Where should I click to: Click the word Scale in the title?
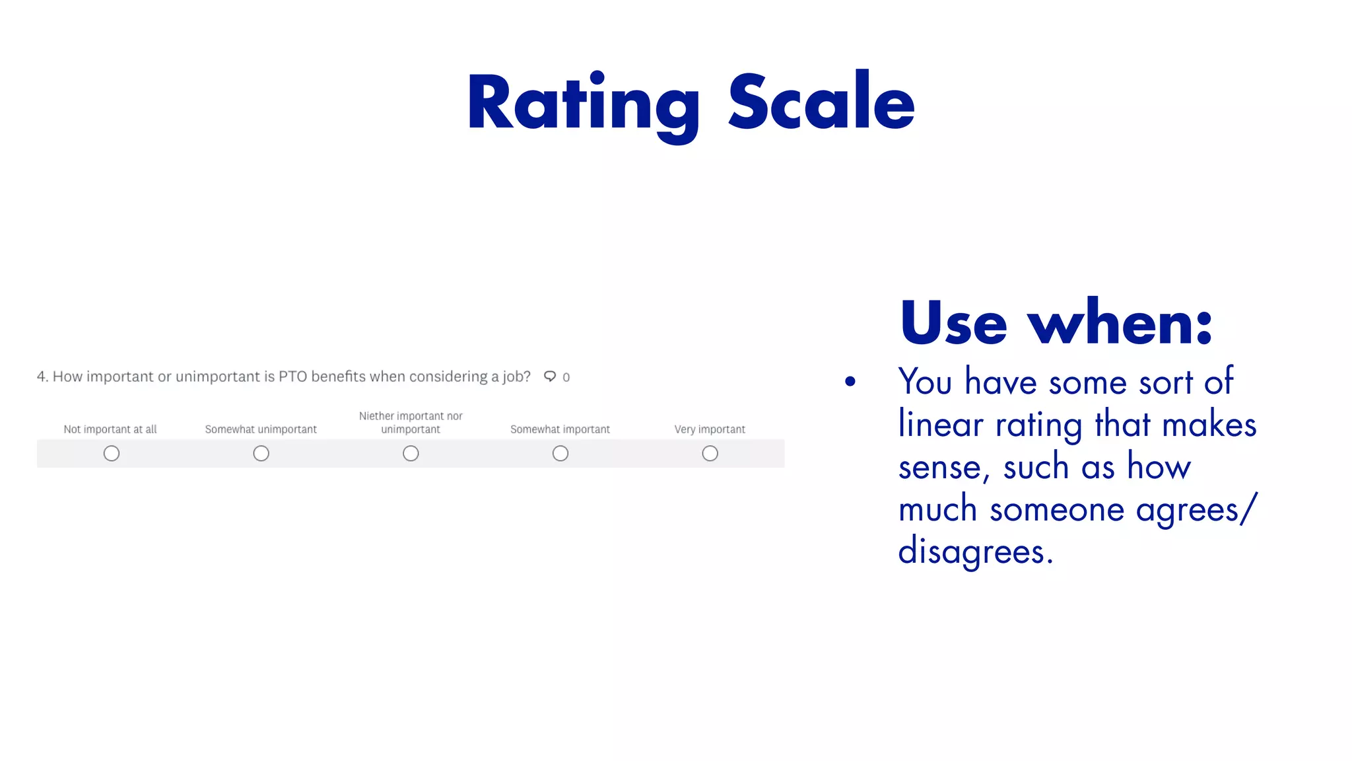point(821,102)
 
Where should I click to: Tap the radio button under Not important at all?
point(112,453)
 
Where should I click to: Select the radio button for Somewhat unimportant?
point(261,453)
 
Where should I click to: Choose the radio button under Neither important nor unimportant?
point(411,453)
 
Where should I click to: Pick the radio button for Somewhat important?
point(560,453)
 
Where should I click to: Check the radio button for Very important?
point(710,453)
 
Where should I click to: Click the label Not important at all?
point(110,429)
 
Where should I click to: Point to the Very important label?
point(710,429)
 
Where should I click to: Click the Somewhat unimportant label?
point(261,429)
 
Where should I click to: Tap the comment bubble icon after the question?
point(549,377)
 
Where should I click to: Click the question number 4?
point(42,377)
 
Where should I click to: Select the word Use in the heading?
point(953,324)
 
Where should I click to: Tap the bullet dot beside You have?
point(850,381)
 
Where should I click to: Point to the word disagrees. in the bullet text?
point(975,551)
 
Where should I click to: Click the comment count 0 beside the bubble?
point(566,377)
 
